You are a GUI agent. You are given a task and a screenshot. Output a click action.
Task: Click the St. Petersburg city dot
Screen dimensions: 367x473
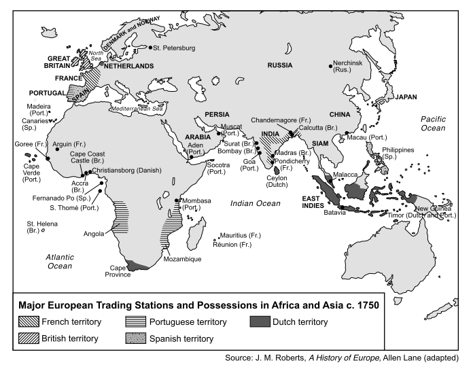(150, 48)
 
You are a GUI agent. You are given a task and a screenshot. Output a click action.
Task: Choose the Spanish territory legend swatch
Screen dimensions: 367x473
(142, 338)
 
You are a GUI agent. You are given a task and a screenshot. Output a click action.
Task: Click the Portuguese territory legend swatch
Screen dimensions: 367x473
(142, 321)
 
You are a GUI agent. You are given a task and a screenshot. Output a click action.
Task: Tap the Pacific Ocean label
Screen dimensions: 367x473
(432, 123)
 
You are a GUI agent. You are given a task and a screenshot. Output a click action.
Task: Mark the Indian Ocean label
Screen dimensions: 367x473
(255, 203)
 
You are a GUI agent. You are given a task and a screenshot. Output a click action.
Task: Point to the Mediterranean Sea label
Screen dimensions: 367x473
(138, 108)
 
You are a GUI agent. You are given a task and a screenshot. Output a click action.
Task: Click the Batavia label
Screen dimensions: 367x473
(334, 212)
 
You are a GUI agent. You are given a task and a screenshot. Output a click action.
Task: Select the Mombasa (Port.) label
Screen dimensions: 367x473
(198, 205)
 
